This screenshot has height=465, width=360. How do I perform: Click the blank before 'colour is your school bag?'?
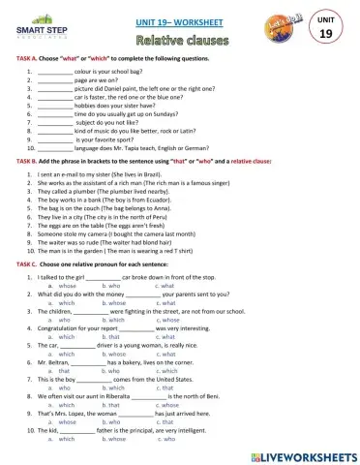pyautogui.click(x=56, y=72)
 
